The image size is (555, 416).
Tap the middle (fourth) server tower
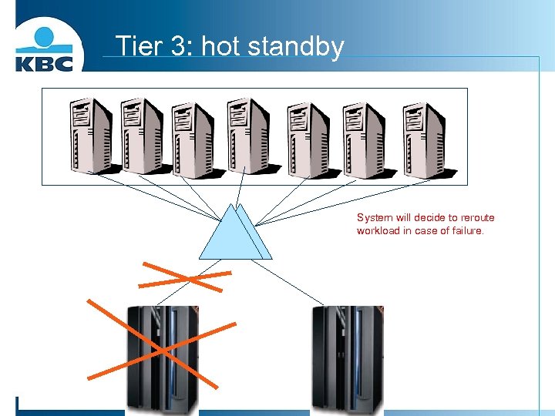coord(248,137)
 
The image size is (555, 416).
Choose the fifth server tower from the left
coord(308,137)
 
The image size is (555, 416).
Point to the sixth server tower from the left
coord(365,137)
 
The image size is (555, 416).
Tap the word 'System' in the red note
coord(375,218)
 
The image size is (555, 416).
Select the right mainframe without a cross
coord(347,358)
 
